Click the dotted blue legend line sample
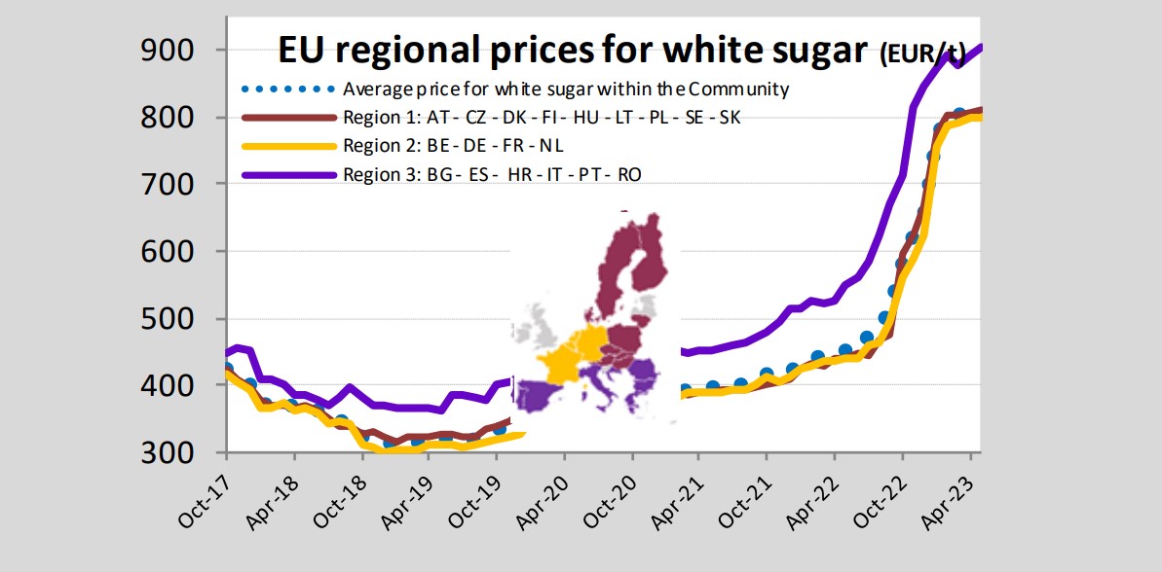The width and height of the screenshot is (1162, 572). (287, 89)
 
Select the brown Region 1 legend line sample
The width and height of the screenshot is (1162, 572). (287, 118)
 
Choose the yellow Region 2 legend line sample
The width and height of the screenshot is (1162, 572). (287, 146)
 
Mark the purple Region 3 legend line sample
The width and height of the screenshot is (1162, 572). (287, 174)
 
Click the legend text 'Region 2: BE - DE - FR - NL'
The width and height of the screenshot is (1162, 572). (453, 146)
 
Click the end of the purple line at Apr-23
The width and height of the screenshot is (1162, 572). (978, 46)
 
